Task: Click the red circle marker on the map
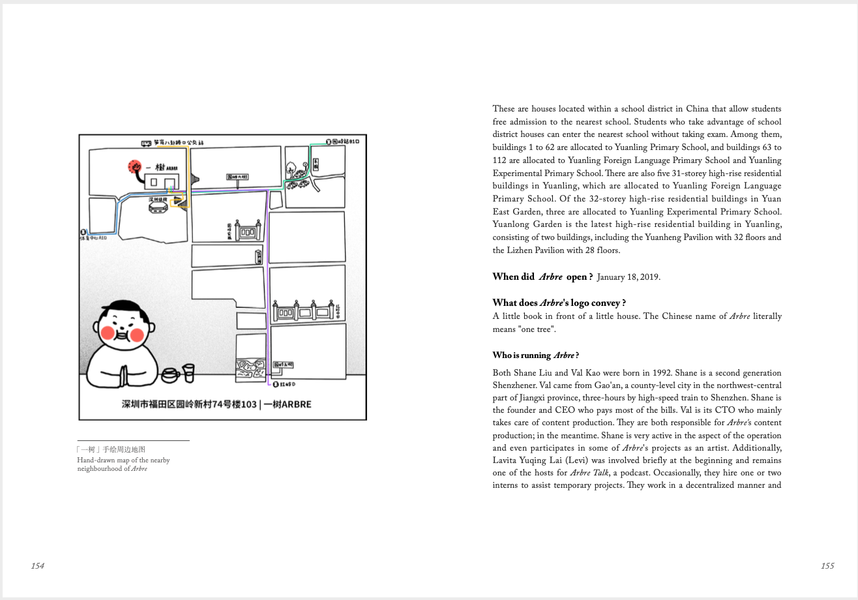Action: (135, 168)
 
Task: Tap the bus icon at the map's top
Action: (146, 142)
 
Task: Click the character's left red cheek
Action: (108, 335)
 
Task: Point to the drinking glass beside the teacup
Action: (188, 372)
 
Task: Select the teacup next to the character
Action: (170, 374)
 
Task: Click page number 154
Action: (38, 565)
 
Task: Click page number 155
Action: (827, 565)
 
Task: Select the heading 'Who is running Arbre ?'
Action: (535, 355)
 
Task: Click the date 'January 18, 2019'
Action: (628, 277)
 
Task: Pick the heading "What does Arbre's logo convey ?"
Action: (559, 303)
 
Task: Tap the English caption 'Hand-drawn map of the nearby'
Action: (123, 460)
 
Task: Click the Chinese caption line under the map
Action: (111, 449)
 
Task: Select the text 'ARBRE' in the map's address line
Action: (296, 404)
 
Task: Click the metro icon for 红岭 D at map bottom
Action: (276, 385)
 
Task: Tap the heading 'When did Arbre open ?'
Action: (542, 277)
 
